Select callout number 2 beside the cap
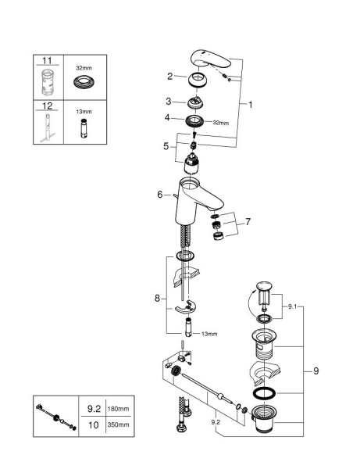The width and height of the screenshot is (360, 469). pyautogui.click(x=169, y=76)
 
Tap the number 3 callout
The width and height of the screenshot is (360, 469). pyautogui.click(x=169, y=102)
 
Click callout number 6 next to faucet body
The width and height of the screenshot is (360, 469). pyautogui.click(x=160, y=195)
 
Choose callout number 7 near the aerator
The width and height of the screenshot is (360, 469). pyautogui.click(x=248, y=223)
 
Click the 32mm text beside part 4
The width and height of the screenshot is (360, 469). pyautogui.click(x=221, y=122)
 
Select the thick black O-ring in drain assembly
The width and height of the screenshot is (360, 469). pyautogui.click(x=266, y=392)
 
